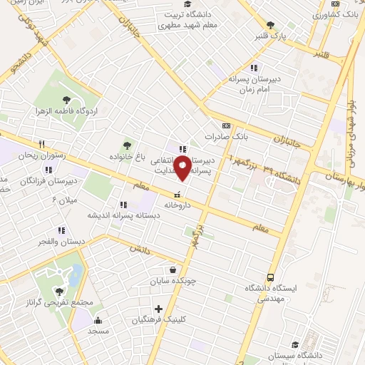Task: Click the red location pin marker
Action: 182,168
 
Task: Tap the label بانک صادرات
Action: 225,135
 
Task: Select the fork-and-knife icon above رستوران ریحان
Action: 41,144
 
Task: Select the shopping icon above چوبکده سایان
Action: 173,270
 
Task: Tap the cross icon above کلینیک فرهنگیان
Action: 158,309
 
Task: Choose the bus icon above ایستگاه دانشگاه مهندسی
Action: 270,277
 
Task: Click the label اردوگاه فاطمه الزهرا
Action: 67,112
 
